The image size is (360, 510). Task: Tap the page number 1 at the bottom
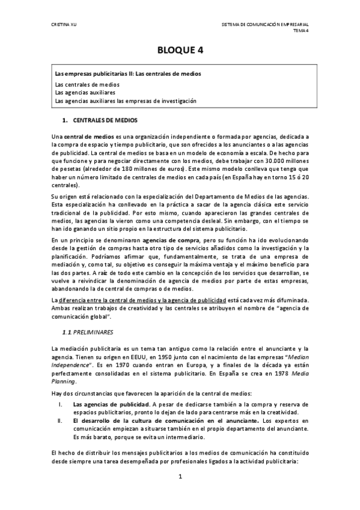180,476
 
